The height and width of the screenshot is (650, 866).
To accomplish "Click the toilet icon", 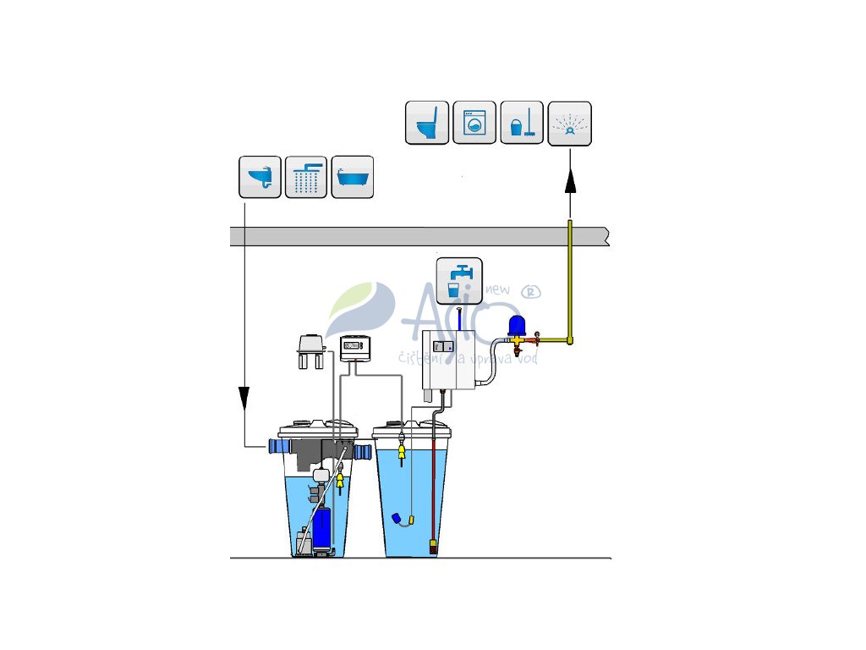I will click(426, 124).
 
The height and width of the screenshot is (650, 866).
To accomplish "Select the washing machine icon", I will click(474, 124).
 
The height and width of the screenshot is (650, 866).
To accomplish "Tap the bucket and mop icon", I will click(522, 124).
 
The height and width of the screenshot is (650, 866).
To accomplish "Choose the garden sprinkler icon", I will click(570, 124).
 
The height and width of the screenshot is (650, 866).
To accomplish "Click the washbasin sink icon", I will click(260, 177).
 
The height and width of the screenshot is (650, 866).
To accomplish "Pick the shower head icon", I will click(306, 177).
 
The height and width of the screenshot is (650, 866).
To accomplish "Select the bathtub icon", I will click(353, 177).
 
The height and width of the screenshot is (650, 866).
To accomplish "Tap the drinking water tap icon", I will click(459, 280).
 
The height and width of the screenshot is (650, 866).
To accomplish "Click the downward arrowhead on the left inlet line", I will click(244, 397).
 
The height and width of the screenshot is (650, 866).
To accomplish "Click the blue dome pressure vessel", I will click(518, 326).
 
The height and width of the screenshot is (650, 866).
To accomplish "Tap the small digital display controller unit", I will click(355, 347).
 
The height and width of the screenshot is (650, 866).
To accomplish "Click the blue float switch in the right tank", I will click(396, 518).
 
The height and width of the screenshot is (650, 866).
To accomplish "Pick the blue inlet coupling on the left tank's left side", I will click(275, 446).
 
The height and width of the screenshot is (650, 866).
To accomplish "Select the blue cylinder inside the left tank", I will click(321, 527).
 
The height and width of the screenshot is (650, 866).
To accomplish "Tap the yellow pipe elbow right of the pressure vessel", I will click(571, 340).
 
